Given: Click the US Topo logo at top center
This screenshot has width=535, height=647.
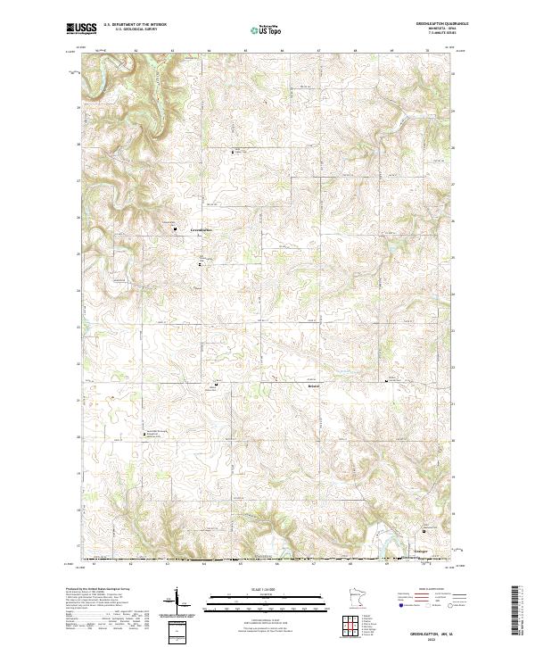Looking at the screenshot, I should pyautogui.click(x=265, y=29).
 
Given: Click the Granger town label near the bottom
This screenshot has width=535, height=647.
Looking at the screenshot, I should pyautogui.click(x=421, y=552).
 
